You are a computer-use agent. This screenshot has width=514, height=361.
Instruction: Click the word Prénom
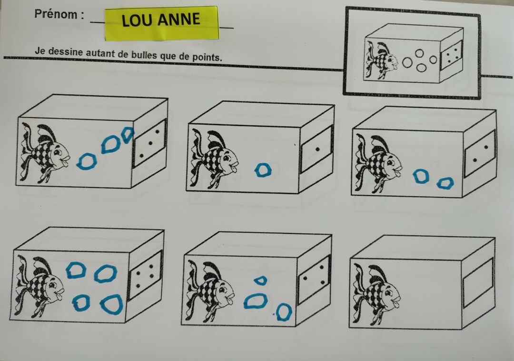(56, 14)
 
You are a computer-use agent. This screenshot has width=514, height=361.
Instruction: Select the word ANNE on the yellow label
(179, 19)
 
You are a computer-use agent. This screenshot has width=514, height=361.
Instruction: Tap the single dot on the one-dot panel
(317, 150)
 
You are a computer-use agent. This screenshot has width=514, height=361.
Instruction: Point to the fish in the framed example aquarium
(382, 60)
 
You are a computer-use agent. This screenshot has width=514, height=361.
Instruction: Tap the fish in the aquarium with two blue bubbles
(379, 162)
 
